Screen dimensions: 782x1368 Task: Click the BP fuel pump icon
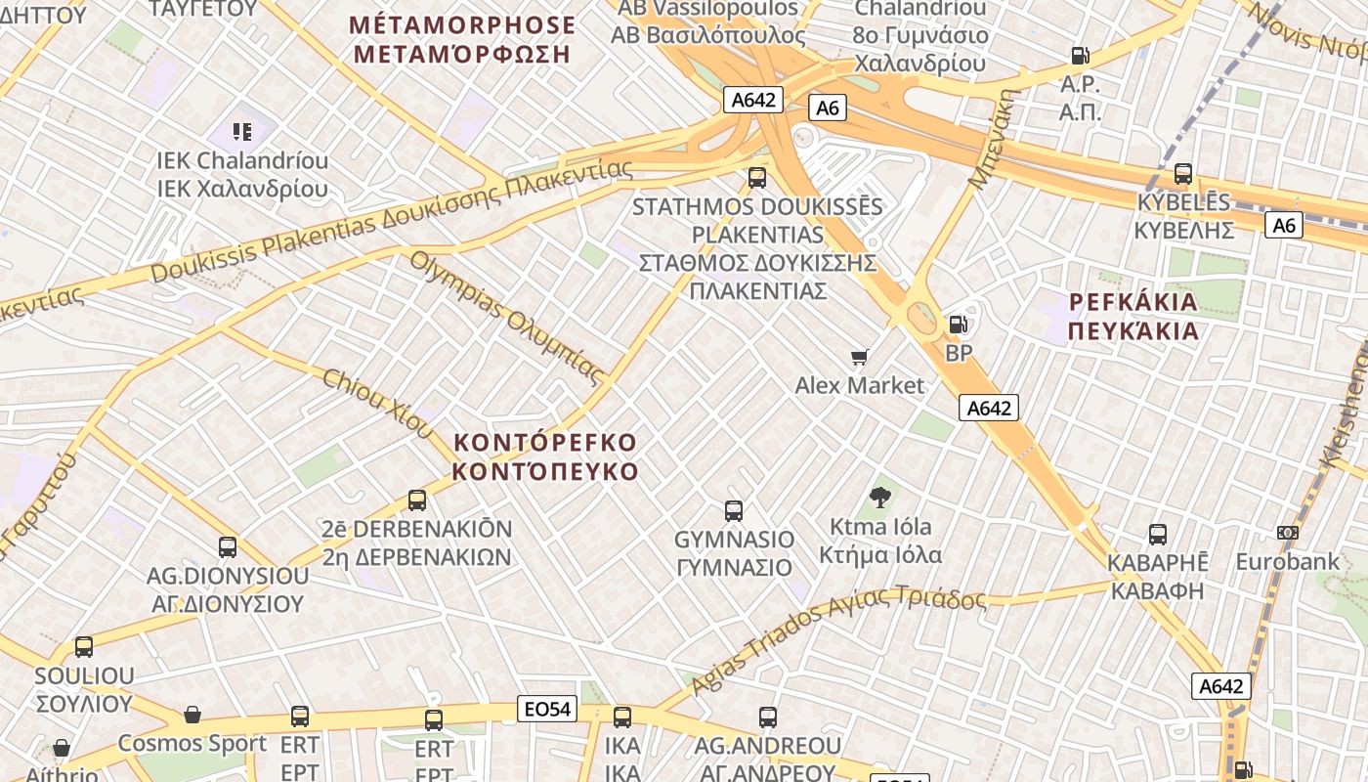tap(959, 324)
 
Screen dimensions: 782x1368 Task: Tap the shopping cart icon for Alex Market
tap(860, 357)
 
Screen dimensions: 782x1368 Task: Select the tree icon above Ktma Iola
tap(880, 498)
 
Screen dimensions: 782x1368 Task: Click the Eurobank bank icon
tap(1288, 533)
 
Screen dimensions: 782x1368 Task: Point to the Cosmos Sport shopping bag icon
tap(192, 715)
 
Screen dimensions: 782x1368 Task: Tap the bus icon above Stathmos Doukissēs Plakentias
tap(757, 178)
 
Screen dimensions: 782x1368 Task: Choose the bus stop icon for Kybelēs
tap(1183, 174)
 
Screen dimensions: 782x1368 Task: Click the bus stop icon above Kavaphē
tap(1158, 535)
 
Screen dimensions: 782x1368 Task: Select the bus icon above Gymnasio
tap(734, 510)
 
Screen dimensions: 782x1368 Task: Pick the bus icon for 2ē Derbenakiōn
tap(417, 500)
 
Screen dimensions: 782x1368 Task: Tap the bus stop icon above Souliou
tap(84, 646)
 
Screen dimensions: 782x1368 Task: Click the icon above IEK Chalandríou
tap(242, 131)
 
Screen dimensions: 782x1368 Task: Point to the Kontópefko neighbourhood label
tap(545, 456)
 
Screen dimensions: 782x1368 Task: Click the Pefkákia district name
tap(1133, 316)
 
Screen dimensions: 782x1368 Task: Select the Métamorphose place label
tap(462, 39)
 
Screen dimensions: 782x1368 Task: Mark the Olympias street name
tap(506, 317)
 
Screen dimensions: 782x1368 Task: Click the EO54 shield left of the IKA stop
tap(547, 710)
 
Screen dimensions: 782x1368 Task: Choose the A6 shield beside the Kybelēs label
tap(1284, 225)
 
